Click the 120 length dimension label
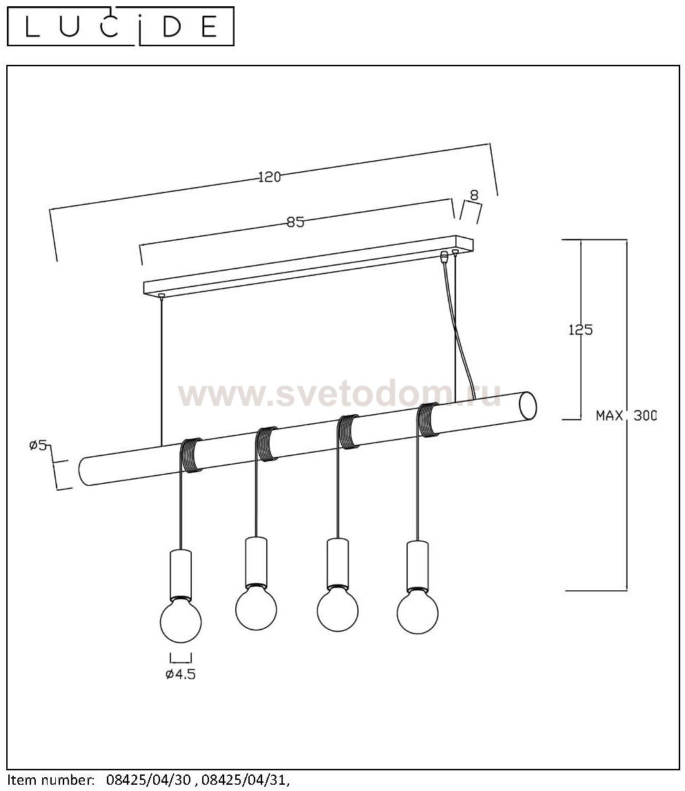coord(270,177)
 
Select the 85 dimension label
coord(295,222)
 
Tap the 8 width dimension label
coord(474,195)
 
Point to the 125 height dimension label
coord(581,330)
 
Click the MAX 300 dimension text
coord(626,416)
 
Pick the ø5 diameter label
coord(39,445)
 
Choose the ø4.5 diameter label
coord(181,674)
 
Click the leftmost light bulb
coord(181,618)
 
